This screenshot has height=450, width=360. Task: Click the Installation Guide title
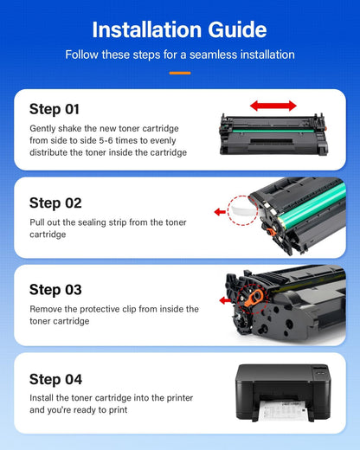179,29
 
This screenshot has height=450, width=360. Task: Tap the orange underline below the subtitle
179,73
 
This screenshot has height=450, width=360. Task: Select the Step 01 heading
55,109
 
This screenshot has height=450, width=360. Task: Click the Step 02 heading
55,202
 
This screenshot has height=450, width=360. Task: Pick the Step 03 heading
55,289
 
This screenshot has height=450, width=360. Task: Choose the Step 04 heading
55,379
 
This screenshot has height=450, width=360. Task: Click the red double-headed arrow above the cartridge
273,106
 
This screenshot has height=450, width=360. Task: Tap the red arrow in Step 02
220,210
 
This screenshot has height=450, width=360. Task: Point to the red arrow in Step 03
227,300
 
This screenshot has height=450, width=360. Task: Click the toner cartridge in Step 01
272,134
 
